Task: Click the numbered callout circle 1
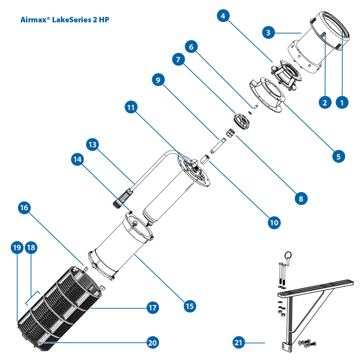pos(342,102)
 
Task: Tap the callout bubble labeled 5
pos(338,156)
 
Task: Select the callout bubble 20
pos(153,342)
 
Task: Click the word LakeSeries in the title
pos(73,19)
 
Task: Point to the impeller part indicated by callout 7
pos(240,120)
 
